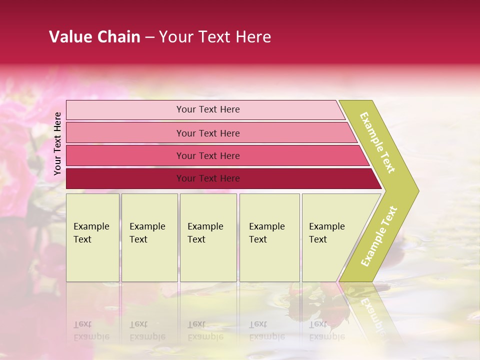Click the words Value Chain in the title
[94, 37]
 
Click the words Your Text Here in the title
[215, 37]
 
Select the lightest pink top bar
[125, 110]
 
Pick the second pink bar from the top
[125, 133]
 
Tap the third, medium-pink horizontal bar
[125, 155]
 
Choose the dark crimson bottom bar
[125, 178]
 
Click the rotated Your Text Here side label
[57, 143]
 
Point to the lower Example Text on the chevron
[379, 236]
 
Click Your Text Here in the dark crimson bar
[208, 178]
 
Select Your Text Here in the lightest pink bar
[208, 109]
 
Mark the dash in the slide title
[149, 37]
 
